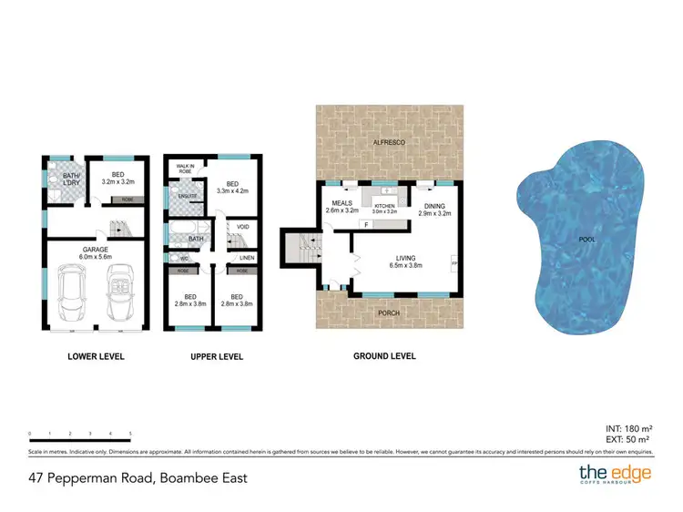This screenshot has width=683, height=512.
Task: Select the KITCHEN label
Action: pos(384,206)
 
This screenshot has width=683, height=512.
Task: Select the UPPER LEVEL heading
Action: pos(216,356)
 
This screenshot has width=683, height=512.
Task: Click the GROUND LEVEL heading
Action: pos(384,356)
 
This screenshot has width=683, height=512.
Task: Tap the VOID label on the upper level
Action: pos(242,227)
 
